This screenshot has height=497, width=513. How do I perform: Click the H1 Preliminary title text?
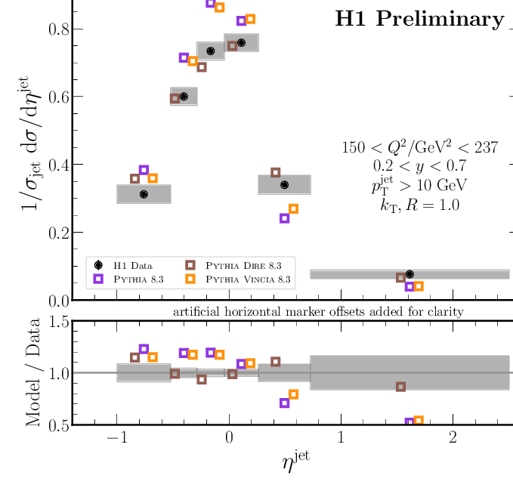[x=419, y=20]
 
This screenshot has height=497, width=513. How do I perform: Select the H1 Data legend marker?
[x=99, y=265]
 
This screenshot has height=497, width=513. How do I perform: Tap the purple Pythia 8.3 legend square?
[x=99, y=279]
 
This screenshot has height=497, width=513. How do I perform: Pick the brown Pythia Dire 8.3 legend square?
[x=190, y=265]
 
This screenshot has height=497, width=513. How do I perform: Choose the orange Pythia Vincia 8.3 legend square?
[x=190, y=279]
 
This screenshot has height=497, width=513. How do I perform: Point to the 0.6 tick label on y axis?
[x=51, y=97]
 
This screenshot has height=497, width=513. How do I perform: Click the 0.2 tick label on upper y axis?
[x=51, y=233]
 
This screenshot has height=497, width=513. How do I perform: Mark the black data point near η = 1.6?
[x=409, y=274]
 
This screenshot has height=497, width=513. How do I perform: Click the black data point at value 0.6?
[x=184, y=97]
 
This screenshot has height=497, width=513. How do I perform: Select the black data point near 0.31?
[x=144, y=194]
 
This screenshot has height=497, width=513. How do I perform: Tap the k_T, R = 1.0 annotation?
[x=420, y=204]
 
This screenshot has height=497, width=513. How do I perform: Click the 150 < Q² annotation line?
[x=420, y=148]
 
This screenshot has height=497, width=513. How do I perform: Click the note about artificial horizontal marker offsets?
[x=318, y=311]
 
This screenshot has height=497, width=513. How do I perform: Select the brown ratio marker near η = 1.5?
[x=401, y=387]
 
